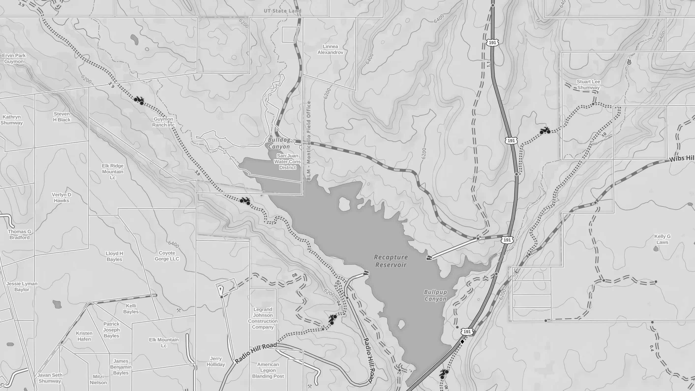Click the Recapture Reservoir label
pyautogui.click(x=391, y=261)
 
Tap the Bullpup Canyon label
pyautogui.click(x=435, y=295)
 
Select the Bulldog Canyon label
pyautogui.click(x=279, y=143)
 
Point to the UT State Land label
pyautogui.click(x=282, y=11)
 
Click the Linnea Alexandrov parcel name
pyautogui.click(x=330, y=49)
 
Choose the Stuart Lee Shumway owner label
pyautogui.click(x=588, y=85)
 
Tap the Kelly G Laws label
pyautogui.click(x=662, y=239)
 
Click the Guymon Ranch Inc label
pyautogui.click(x=163, y=122)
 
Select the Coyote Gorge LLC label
pyautogui.click(x=167, y=256)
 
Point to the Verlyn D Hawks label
pyautogui.click(x=61, y=197)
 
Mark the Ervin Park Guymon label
pyautogui.click(x=14, y=58)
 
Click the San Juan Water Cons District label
pyautogui.click(x=287, y=161)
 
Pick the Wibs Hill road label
pyautogui.click(x=681, y=158)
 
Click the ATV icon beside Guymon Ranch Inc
pyautogui.click(x=139, y=100)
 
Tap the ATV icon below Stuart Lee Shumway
pyautogui.click(x=545, y=131)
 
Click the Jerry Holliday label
pyautogui.click(x=216, y=361)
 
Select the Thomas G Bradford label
pyautogui.click(x=19, y=234)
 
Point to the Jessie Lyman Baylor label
pyautogui.click(x=22, y=286)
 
